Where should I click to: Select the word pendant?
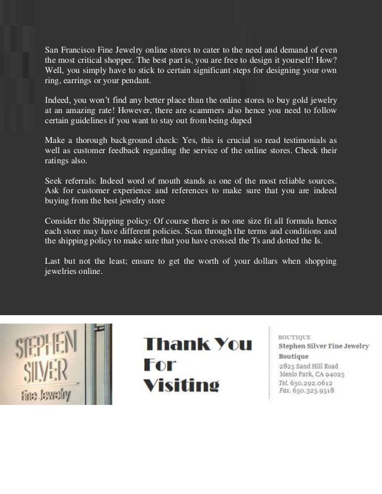(x=135, y=81)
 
